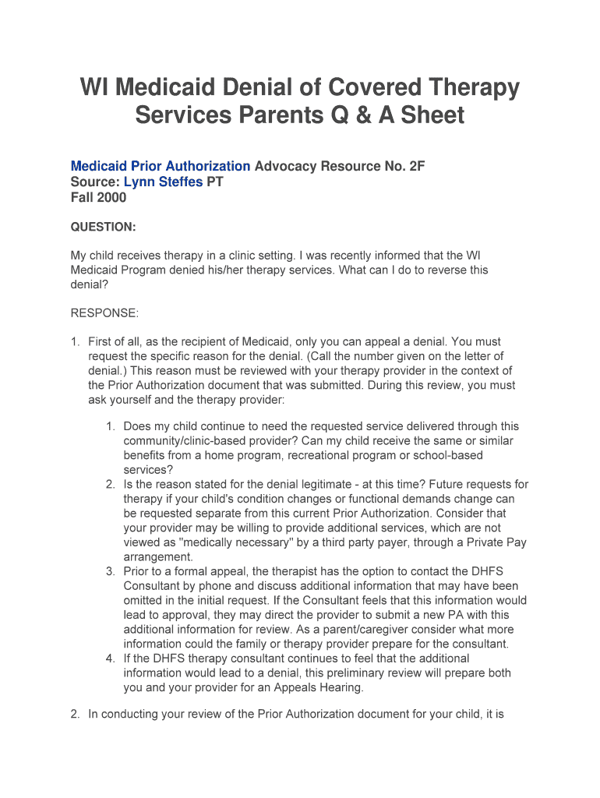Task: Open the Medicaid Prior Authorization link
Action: coord(161,166)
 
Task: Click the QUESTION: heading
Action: coord(104,227)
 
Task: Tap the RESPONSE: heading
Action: coord(104,312)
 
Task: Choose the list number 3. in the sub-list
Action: coord(111,571)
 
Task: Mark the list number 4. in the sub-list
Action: coord(111,659)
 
